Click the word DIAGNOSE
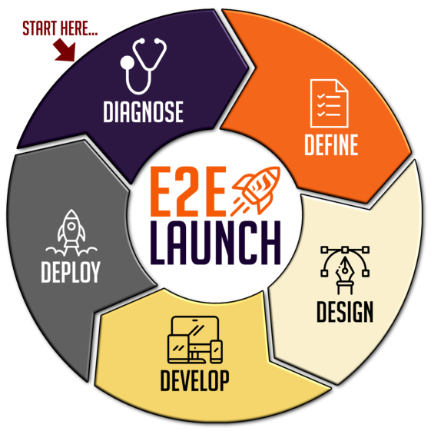pyautogui.click(x=143, y=111)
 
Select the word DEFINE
pyautogui.click(x=331, y=144)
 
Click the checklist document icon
pyautogui.click(x=330, y=104)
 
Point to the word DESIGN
pyautogui.click(x=345, y=311)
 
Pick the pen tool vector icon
pyautogui.click(x=345, y=270)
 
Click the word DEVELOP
pyautogui.click(x=194, y=380)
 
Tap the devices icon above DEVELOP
pyautogui.click(x=195, y=340)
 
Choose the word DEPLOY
pyautogui.click(x=71, y=272)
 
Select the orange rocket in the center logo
pyautogui.click(x=256, y=191)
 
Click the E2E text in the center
pyautogui.click(x=188, y=191)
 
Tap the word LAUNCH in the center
pyautogui.click(x=215, y=243)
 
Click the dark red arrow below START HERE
pyautogui.click(x=65, y=50)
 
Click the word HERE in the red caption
pyautogui.click(x=79, y=28)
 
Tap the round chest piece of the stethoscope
pyautogui.click(x=128, y=63)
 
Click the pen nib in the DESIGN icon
pyautogui.click(x=345, y=268)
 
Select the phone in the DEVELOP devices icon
pyautogui.click(x=216, y=351)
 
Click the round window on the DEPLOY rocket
pyautogui.click(x=71, y=226)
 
